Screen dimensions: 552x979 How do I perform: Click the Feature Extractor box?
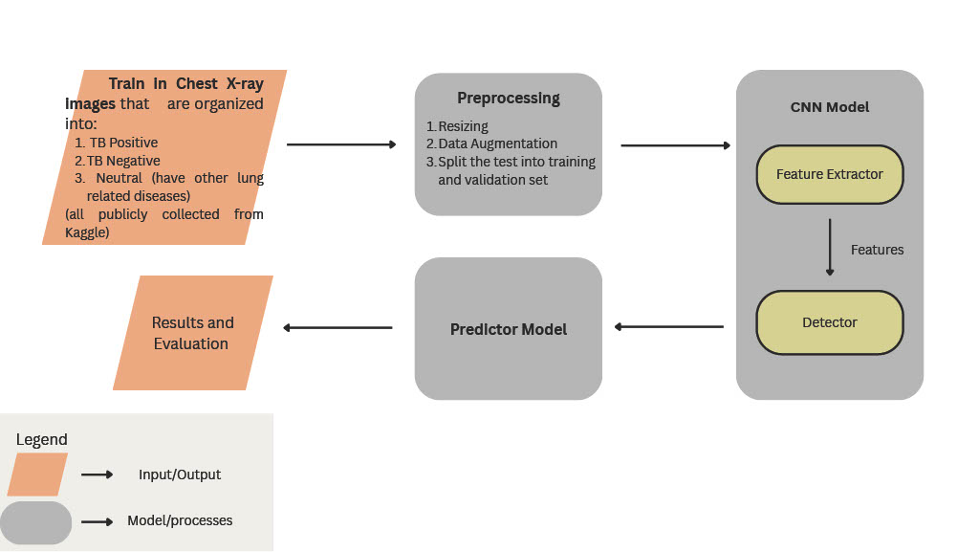[829, 174]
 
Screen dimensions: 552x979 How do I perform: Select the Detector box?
[829, 322]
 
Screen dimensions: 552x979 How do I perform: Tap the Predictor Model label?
[508, 329]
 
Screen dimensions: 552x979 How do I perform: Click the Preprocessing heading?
[508, 98]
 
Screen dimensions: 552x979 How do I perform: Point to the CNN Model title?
[829, 107]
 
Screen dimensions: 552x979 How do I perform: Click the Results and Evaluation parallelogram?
[192, 333]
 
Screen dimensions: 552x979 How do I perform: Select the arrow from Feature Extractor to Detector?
[829, 247]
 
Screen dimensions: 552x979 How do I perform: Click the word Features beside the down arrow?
[877, 250]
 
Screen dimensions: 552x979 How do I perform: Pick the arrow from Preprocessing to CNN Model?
[675, 145]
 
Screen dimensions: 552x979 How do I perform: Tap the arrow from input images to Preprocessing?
[340, 144]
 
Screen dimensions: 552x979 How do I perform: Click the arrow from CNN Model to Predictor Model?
[668, 327]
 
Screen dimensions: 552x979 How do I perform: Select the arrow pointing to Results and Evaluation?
[337, 328]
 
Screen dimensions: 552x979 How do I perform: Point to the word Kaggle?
[87, 232]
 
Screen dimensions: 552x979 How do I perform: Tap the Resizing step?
[463, 126]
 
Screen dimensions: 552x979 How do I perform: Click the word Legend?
[42, 440]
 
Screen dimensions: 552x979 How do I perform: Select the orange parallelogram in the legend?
[37, 475]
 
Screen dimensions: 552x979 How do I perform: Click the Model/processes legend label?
[180, 521]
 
